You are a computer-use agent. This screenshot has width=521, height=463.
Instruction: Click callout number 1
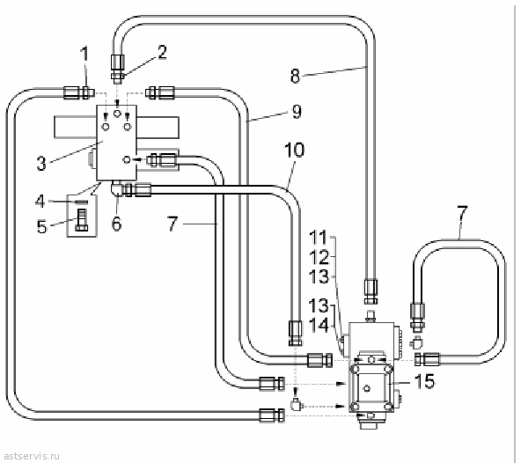(x=85, y=54)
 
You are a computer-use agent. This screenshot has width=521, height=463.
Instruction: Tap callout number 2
(x=162, y=52)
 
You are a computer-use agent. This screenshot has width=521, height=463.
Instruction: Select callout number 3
(x=41, y=163)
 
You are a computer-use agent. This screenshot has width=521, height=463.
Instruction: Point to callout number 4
(x=40, y=201)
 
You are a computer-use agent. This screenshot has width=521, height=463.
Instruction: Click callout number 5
(x=42, y=227)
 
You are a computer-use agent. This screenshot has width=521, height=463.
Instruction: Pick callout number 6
(x=116, y=223)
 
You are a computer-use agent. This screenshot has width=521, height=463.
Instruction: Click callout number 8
(x=295, y=76)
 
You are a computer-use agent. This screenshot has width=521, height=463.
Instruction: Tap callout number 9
(x=297, y=112)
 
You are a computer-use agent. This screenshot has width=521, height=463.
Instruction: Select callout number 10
(x=295, y=150)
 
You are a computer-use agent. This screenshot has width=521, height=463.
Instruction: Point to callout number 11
(x=319, y=238)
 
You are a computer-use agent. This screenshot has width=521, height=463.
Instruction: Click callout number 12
(x=319, y=257)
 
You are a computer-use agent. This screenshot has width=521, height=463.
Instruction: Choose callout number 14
(x=319, y=325)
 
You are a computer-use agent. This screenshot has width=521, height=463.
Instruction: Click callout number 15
(x=425, y=381)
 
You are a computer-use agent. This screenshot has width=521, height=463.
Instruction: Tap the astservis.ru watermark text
(x=33, y=456)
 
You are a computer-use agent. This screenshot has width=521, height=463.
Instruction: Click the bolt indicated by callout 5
(x=82, y=219)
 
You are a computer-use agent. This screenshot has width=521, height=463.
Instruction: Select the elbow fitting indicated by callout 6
(x=117, y=189)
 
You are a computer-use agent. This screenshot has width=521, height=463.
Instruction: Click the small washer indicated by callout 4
(x=82, y=202)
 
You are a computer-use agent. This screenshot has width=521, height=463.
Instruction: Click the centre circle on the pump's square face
(x=367, y=388)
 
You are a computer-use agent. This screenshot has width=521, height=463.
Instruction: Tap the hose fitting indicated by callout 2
(x=117, y=68)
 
